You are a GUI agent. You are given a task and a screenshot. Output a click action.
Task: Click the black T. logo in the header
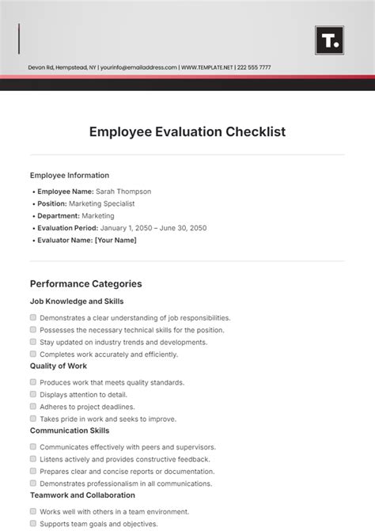click(x=329, y=40)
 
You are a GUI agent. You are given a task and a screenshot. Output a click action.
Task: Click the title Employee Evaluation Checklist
click(x=187, y=132)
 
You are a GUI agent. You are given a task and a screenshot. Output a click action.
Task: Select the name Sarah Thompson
click(x=123, y=192)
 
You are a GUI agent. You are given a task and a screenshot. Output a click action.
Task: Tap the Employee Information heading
click(x=70, y=176)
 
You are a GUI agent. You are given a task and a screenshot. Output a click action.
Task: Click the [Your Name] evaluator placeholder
click(x=116, y=240)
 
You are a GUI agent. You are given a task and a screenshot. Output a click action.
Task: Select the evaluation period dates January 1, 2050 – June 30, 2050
click(x=151, y=228)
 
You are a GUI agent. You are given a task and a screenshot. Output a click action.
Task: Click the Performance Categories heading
click(x=85, y=283)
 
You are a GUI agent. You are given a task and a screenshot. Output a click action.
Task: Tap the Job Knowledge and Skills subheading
click(x=77, y=302)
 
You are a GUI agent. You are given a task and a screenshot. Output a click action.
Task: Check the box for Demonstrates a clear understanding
click(x=33, y=317)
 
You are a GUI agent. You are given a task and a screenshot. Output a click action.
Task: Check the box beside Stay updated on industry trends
click(x=33, y=342)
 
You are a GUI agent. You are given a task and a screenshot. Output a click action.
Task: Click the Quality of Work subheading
click(x=59, y=366)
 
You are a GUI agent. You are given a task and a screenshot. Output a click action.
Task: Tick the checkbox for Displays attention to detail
click(x=33, y=394)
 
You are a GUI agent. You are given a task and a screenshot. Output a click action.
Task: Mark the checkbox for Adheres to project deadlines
click(x=33, y=406)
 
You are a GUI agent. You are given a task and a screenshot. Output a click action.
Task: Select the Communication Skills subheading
click(x=70, y=431)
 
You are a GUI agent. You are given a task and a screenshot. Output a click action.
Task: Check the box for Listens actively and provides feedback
click(x=33, y=459)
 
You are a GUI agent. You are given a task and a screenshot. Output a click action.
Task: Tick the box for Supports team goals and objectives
click(x=33, y=524)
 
